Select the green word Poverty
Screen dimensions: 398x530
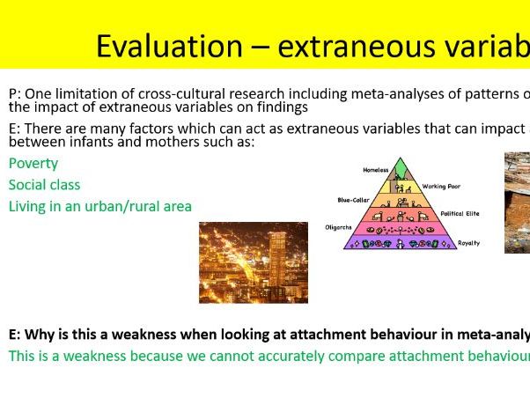[33, 164]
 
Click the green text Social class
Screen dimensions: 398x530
[45, 185]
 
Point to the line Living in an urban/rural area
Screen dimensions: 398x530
[100, 206]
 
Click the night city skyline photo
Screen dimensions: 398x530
[254, 262]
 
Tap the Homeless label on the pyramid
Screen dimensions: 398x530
[375, 169]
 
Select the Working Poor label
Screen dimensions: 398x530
[441, 187]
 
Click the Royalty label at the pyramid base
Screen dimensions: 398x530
[468, 242]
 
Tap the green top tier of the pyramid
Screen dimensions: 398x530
[401, 170]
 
